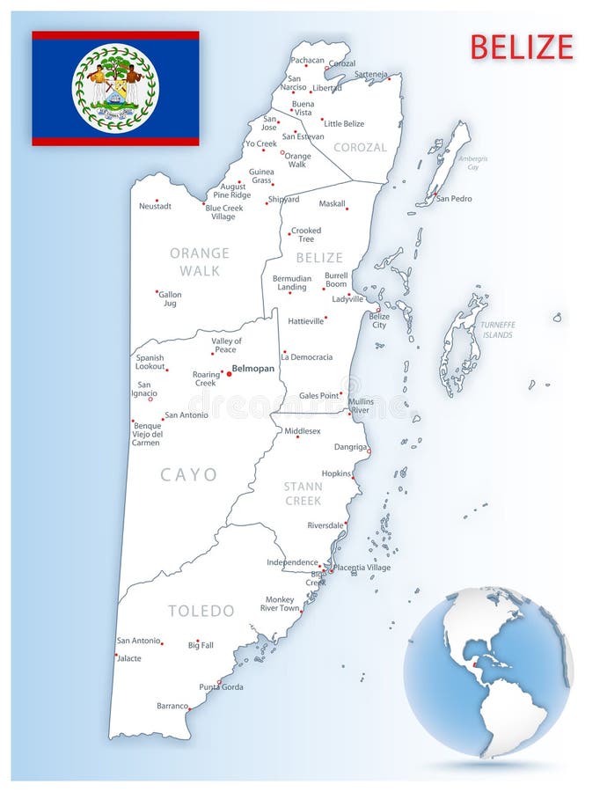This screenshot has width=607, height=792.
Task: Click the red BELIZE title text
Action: coord(522,47)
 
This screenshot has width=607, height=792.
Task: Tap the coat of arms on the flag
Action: coord(115,88)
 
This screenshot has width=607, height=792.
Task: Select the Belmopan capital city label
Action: coord(253,369)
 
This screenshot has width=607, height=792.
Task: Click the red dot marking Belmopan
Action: coord(230,373)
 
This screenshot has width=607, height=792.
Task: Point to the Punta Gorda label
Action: coord(221,686)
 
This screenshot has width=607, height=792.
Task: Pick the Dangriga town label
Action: coord(350,446)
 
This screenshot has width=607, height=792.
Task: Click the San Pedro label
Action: coord(454,199)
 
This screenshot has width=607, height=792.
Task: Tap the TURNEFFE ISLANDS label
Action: coord(497,330)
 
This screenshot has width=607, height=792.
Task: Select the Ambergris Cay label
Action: coord(473,162)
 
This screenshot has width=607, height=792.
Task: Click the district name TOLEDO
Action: coord(201,611)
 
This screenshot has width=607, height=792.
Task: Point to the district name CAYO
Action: coord(188,475)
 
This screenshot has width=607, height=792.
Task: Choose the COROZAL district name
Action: coord(360,148)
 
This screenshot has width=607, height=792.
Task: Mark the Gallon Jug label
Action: coord(170,298)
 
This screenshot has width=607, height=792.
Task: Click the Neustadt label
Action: coord(155,206)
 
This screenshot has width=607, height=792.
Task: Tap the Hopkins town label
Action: coord(336,473)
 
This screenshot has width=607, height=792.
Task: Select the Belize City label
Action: coord(378,320)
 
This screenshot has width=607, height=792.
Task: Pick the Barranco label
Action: coord(172,706)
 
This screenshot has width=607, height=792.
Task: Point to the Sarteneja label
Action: coord(370,74)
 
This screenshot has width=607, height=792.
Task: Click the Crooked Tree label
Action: coord(306,235)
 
